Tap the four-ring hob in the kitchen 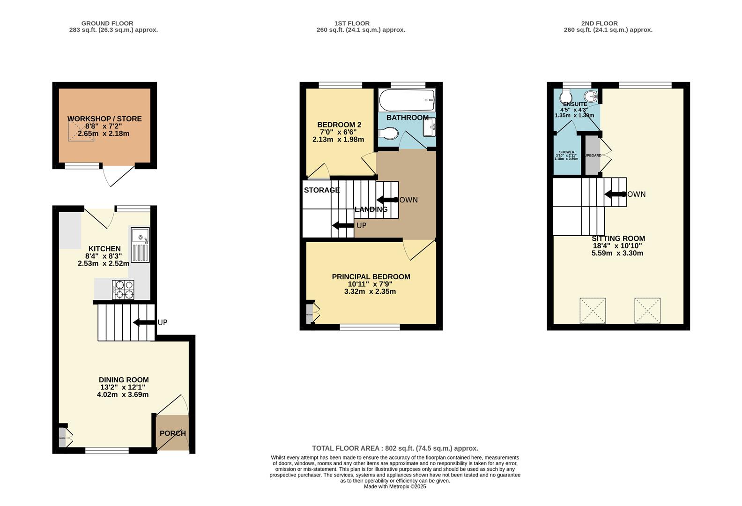[123, 290]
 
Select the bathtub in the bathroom [407, 100]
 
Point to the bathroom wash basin [430, 126]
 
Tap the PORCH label [172, 433]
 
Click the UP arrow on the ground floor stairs [144, 322]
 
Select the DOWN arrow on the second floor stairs [616, 194]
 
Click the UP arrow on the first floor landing [343, 226]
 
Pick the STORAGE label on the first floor [322, 190]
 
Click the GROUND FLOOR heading [107, 23]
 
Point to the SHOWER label [566, 152]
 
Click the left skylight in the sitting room [593, 311]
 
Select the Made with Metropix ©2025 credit [395, 486]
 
